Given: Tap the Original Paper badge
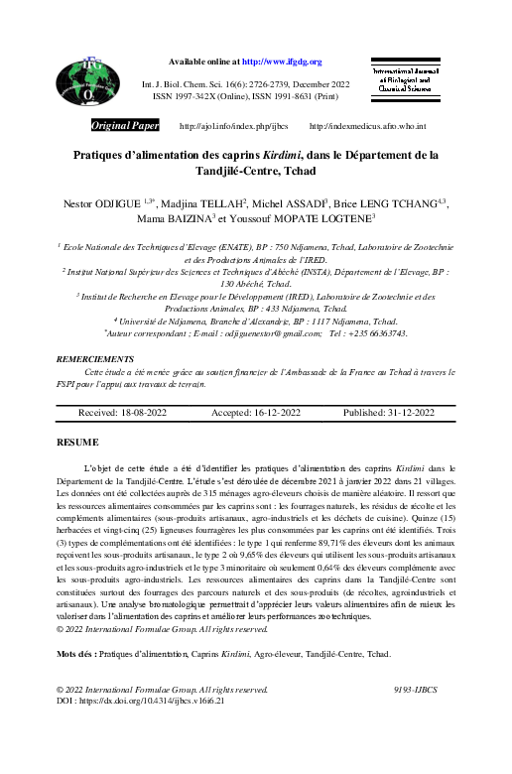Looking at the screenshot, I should [125, 127].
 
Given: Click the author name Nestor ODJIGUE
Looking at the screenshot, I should [100, 202].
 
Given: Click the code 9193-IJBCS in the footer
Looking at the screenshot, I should [416, 689].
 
